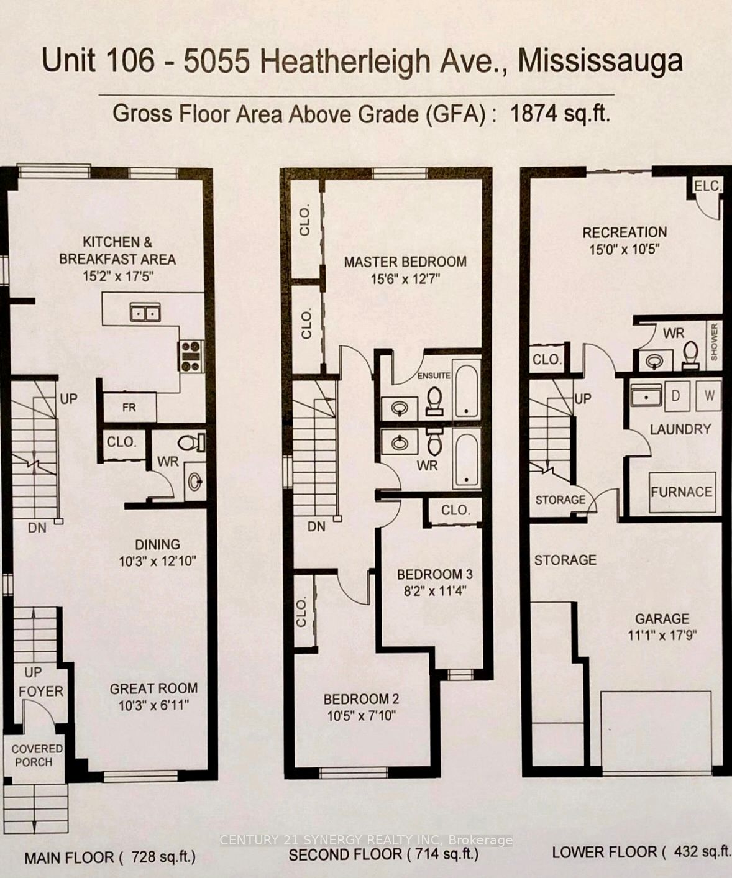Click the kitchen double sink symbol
click(145, 312)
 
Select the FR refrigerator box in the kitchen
click(130, 407)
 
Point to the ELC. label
click(708, 186)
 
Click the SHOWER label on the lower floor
click(714, 342)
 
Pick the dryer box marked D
click(677, 396)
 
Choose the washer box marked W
click(709, 395)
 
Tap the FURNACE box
click(682, 492)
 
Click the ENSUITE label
click(434, 375)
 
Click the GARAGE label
click(662, 618)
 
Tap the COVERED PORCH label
click(37, 755)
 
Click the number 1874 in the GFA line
click(533, 114)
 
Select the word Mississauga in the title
click(600, 62)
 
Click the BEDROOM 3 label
click(435, 574)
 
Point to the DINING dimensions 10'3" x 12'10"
click(158, 561)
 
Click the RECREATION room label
click(624, 232)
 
